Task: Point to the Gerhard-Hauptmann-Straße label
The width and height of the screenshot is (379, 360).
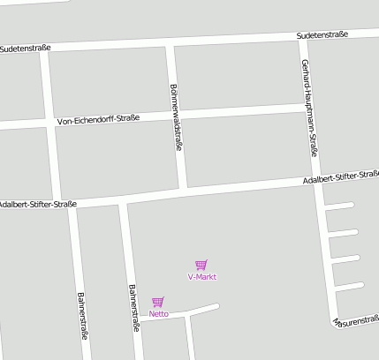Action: coord(310,107)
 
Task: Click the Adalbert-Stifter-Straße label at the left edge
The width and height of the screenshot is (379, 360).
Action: coord(39,204)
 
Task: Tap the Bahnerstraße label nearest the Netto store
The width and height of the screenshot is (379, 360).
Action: coord(133,307)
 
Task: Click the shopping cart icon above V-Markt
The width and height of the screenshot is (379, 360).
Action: coord(201,264)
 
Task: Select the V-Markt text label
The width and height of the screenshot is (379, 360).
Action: coord(202,277)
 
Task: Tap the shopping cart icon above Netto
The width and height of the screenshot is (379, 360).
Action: coord(157,302)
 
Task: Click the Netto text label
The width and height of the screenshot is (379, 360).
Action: coord(159,314)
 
